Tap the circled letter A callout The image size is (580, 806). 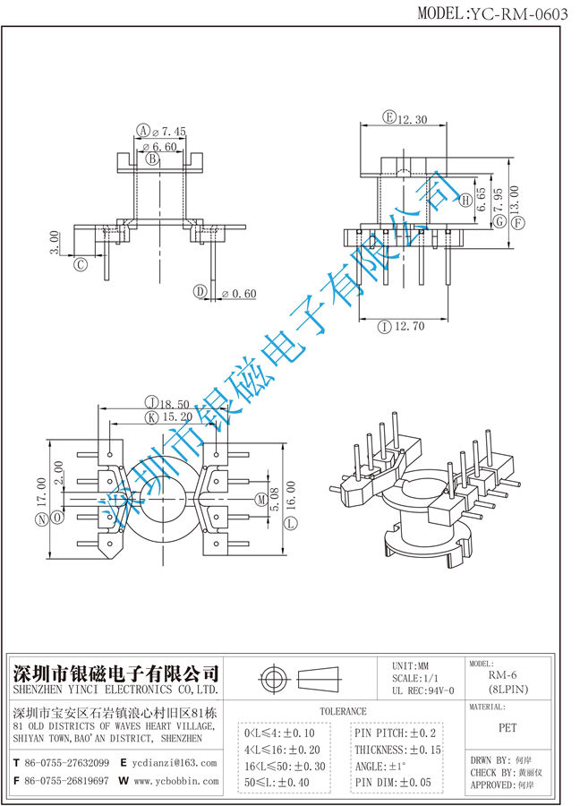click(x=142, y=131)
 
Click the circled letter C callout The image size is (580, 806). click(x=81, y=264)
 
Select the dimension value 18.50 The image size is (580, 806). click(x=174, y=404)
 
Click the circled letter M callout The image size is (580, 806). click(x=260, y=498)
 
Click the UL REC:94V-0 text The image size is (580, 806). click(x=423, y=690)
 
